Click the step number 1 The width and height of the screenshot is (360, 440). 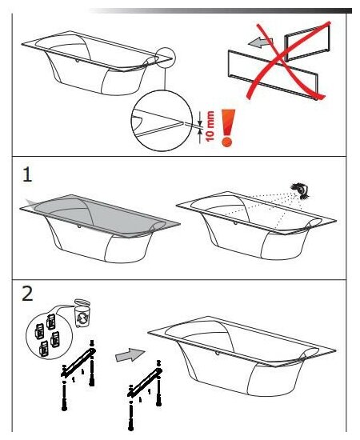(x=27, y=175)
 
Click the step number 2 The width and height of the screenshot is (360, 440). (x=27, y=294)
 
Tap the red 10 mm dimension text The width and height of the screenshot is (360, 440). (x=210, y=126)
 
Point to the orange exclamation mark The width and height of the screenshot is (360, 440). (x=227, y=128)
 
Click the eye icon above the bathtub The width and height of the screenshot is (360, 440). (x=301, y=190)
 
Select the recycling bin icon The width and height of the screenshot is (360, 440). (x=82, y=313)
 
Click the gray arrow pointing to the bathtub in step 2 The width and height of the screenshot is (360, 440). (x=130, y=354)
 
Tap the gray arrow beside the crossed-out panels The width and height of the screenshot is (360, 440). (x=260, y=42)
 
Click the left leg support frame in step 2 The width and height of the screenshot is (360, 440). (x=78, y=374)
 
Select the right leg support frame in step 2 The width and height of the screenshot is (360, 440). (x=145, y=394)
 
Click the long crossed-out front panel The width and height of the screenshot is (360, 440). (x=273, y=75)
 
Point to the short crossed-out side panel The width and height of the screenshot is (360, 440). (x=307, y=42)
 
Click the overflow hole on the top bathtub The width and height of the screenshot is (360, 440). (x=77, y=60)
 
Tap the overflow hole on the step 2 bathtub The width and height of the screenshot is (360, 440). (x=217, y=353)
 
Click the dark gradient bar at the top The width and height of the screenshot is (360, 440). (x=219, y=10)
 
